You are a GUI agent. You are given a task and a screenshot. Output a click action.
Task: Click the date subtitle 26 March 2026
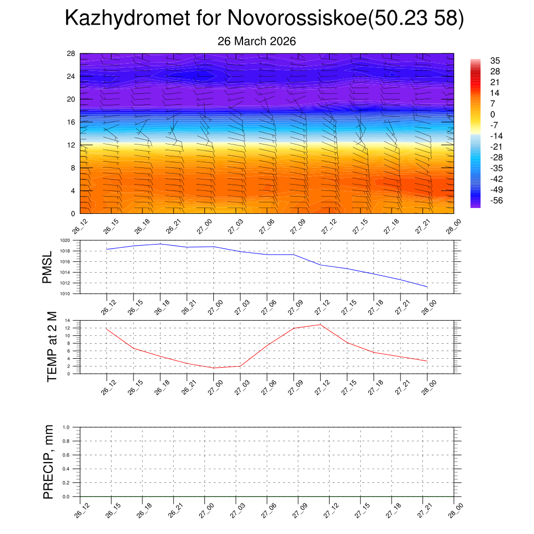pyautogui.click(x=257, y=41)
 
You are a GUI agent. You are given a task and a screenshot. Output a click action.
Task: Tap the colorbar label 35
pyautogui.click(x=495, y=60)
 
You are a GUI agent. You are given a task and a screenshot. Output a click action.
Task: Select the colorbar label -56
pyautogui.click(x=496, y=200)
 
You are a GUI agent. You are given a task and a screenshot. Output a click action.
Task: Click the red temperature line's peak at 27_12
pyautogui.click(x=320, y=324)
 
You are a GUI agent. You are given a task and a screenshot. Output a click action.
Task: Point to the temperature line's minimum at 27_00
pyautogui.click(x=214, y=368)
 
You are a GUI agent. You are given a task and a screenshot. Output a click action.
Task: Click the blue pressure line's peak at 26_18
pyautogui.click(x=160, y=244)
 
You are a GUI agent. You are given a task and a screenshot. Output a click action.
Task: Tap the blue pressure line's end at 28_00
pyautogui.click(x=427, y=287)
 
